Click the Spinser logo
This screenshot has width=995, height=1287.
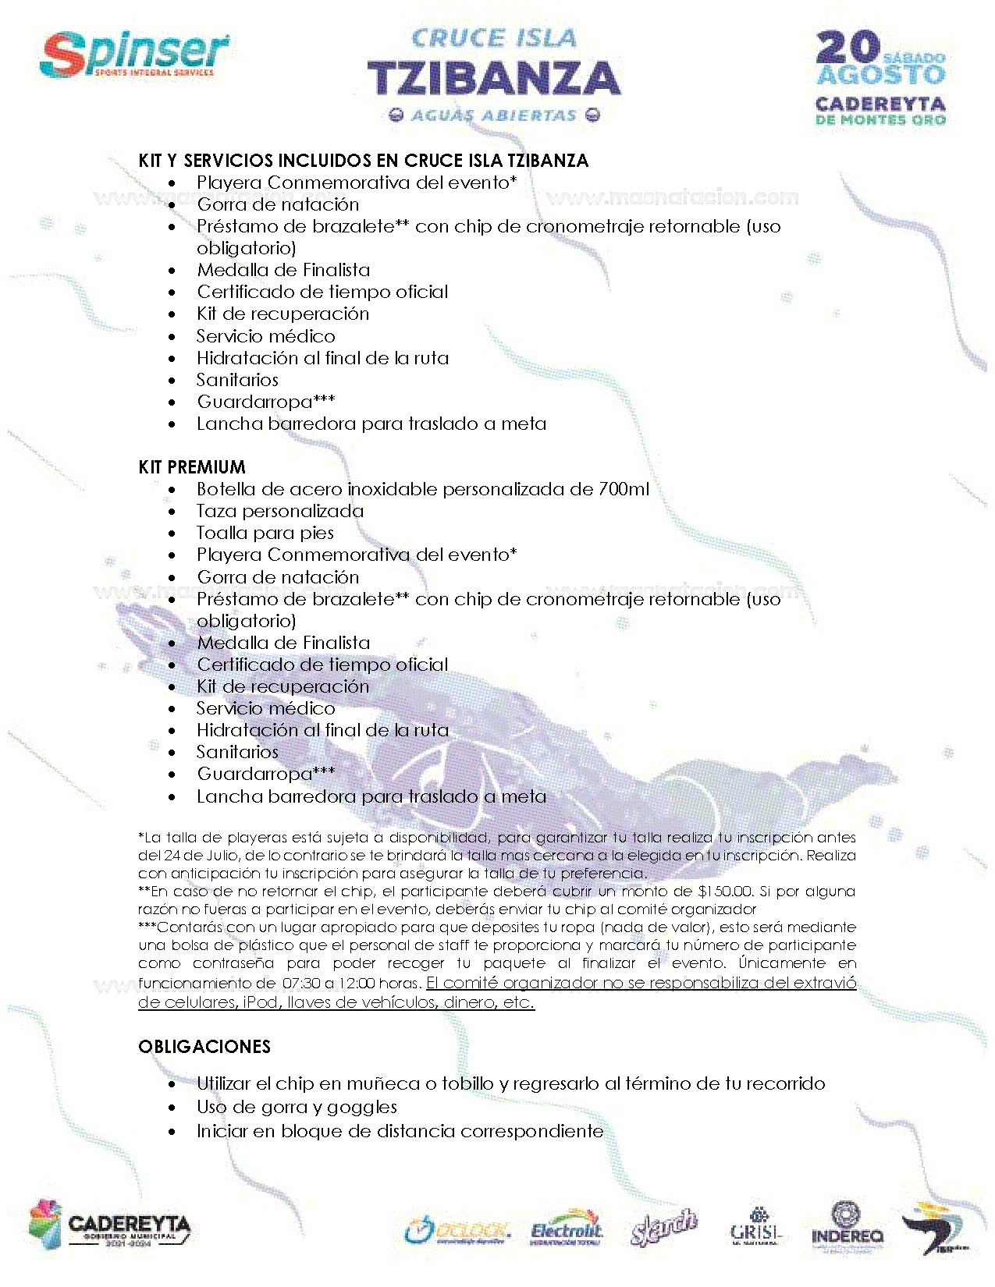(x=134, y=54)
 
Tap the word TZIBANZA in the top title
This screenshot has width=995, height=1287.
(x=494, y=78)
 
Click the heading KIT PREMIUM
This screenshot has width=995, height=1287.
(x=192, y=467)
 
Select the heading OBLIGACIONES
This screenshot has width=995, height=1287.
(x=204, y=1047)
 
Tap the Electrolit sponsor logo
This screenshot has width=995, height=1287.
(x=567, y=1229)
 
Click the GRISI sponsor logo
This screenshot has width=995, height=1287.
(x=755, y=1228)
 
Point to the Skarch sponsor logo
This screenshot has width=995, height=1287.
(x=663, y=1228)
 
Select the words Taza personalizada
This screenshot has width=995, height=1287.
(x=280, y=511)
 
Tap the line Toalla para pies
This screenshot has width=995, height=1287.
(x=265, y=533)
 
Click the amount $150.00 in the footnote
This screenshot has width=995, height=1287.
(x=725, y=892)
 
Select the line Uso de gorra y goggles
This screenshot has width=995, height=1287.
(x=297, y=1107)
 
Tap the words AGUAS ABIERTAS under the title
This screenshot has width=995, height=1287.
(x=494, y=115)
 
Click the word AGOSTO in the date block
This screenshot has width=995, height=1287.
(x=881, y=76)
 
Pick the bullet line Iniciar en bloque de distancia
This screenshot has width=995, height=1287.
(x=400, y=1131)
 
